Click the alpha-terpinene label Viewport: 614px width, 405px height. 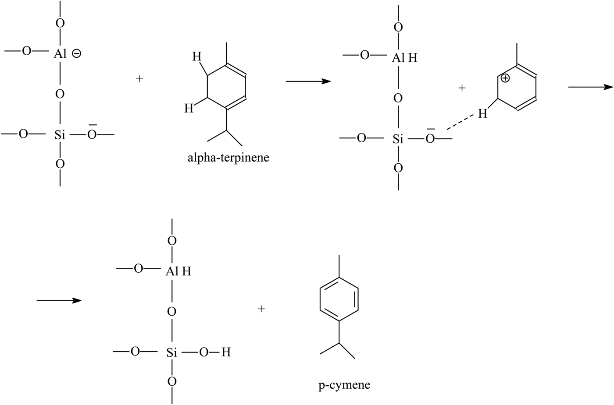point(228,158)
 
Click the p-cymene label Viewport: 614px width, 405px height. point(344,385)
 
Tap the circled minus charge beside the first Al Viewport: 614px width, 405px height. point(76,54)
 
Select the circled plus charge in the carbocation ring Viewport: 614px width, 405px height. point(505,79)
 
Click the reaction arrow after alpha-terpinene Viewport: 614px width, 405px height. point(308,81)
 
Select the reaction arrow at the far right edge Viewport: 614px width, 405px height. point(590,87)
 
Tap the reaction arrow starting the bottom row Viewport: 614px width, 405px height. point(59,300)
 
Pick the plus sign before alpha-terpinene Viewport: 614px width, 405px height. point(140,79)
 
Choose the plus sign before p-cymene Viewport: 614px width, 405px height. point(261,309)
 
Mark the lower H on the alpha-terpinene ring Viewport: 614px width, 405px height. point(189,108)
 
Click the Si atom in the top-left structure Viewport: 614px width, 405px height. point(60,135)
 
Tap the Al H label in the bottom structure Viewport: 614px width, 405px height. point(178,271)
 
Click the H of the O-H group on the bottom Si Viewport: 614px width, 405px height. point(226,352)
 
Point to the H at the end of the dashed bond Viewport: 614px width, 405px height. point(482,114)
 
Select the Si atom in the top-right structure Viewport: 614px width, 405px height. point(398,139)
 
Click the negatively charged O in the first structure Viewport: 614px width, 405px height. point(92,134)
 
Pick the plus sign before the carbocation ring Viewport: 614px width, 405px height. point(461,88)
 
